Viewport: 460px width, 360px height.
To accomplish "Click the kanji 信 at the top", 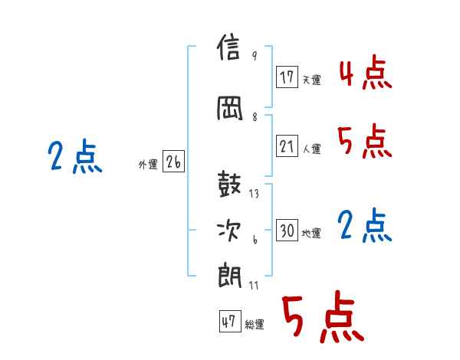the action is (228, 47).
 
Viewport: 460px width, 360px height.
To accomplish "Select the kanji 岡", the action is (230, 109).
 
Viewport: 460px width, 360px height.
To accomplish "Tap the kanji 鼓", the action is (229, 184).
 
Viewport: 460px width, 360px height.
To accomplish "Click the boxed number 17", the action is (287, 77).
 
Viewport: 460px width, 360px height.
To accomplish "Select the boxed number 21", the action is (287, 146).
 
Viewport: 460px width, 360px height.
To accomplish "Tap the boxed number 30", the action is (287, 230).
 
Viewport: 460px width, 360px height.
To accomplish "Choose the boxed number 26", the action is (173, 162).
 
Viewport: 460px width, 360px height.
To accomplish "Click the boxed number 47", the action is (230, 321).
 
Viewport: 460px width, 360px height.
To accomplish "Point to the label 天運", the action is (312, 80).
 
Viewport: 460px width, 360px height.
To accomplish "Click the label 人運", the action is (312, 149).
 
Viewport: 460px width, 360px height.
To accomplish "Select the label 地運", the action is (311, 233).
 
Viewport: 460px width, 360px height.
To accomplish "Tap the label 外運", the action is (148, 165).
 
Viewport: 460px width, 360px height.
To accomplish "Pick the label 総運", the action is (255, 324).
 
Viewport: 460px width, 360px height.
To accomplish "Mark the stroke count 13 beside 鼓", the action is (254, 194).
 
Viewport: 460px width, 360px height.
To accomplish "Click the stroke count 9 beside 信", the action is (255, 55).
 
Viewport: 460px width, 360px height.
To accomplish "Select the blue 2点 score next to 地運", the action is (365, 225).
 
